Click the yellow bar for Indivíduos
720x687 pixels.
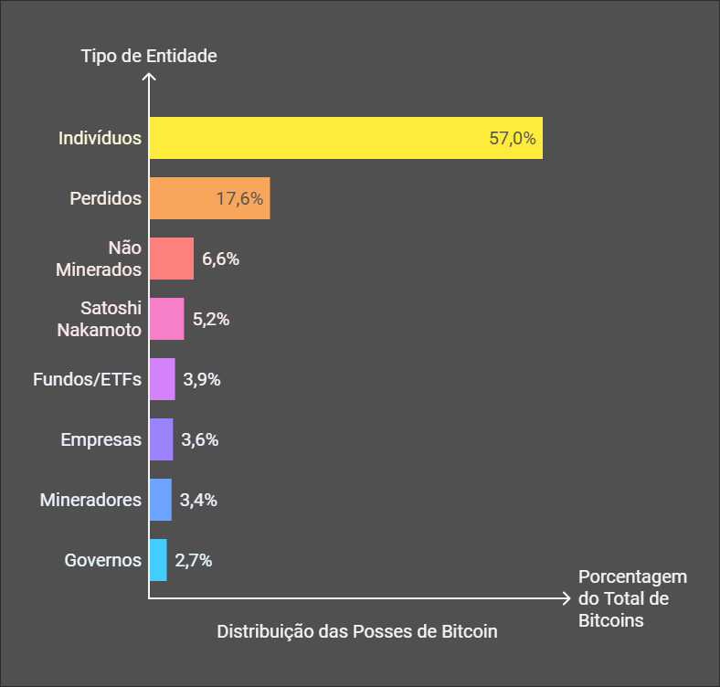tap(345, 138)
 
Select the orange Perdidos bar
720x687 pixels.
tap(209, 198)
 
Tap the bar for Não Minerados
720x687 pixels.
tap(171, 259)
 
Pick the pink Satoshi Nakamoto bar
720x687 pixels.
tap(166, 319)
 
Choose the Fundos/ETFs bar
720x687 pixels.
tap(162, 379)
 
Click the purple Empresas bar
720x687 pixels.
tap(161, 439)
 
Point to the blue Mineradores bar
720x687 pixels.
tap(160, 500)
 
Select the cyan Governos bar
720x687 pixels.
tap(158, 560)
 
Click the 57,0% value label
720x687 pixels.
tap(513, 139)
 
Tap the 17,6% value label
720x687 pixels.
tap(239, 199)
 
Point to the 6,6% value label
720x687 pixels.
tap(220, 259)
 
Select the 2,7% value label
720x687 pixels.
tap(193, 560)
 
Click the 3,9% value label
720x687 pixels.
tap(201, 379)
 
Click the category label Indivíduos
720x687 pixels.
tap(100, 139)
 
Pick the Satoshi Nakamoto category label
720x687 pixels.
tap(100, 319)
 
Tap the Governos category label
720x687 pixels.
tap(102, 560)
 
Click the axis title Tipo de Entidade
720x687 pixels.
tap(149, 56)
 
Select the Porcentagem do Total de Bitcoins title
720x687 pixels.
tap(631, 599)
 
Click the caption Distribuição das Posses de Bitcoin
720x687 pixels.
tap(357, 631)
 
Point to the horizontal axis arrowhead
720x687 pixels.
tap(566, 599)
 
